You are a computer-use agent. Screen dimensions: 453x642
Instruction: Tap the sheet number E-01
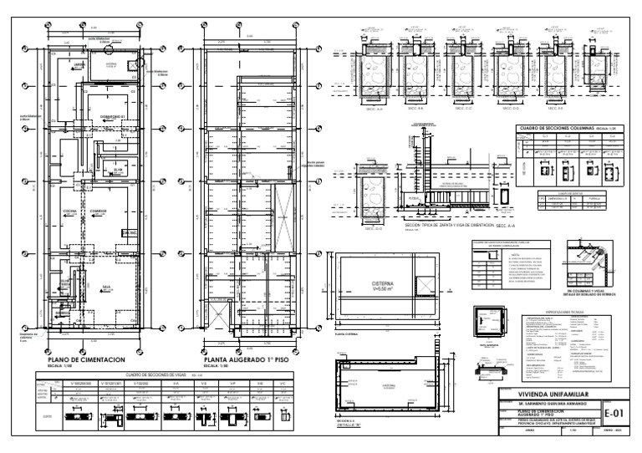tap(616, 412)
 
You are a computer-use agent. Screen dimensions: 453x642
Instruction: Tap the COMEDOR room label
tap(99, 211)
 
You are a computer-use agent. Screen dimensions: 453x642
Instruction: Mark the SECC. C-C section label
tap(461, 109)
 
